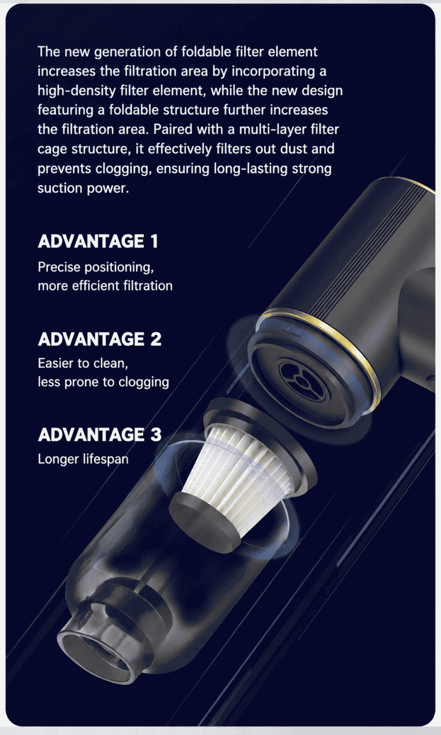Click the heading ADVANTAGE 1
click(98, 241)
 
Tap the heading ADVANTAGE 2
click(99, 339)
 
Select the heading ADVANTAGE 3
click(99, 434)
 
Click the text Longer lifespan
click(83, 459)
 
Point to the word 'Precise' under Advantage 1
click(59, 267)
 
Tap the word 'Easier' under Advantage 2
click(56, 363)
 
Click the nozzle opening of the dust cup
click(95, 653)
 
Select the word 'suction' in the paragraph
click(60, 188)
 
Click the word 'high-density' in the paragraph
click(77, 91)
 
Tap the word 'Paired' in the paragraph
click(172, 129)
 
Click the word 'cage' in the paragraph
click(52, 150)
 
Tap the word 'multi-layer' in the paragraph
click(273, 130)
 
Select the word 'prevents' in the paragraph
click(64, 169)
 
